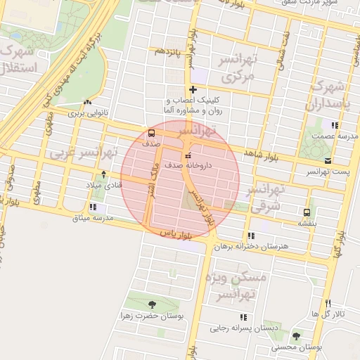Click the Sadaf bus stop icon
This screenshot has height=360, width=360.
(152, 133)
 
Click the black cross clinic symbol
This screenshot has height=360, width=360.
(193, 89)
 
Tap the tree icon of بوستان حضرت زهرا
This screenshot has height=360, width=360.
(153, 304)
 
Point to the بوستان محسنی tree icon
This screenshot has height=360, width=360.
(296, 336)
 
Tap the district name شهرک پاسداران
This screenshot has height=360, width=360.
(328, 96)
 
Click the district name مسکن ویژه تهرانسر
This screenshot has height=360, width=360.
(234, 285)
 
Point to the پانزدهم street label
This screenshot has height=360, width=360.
(169, 52)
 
